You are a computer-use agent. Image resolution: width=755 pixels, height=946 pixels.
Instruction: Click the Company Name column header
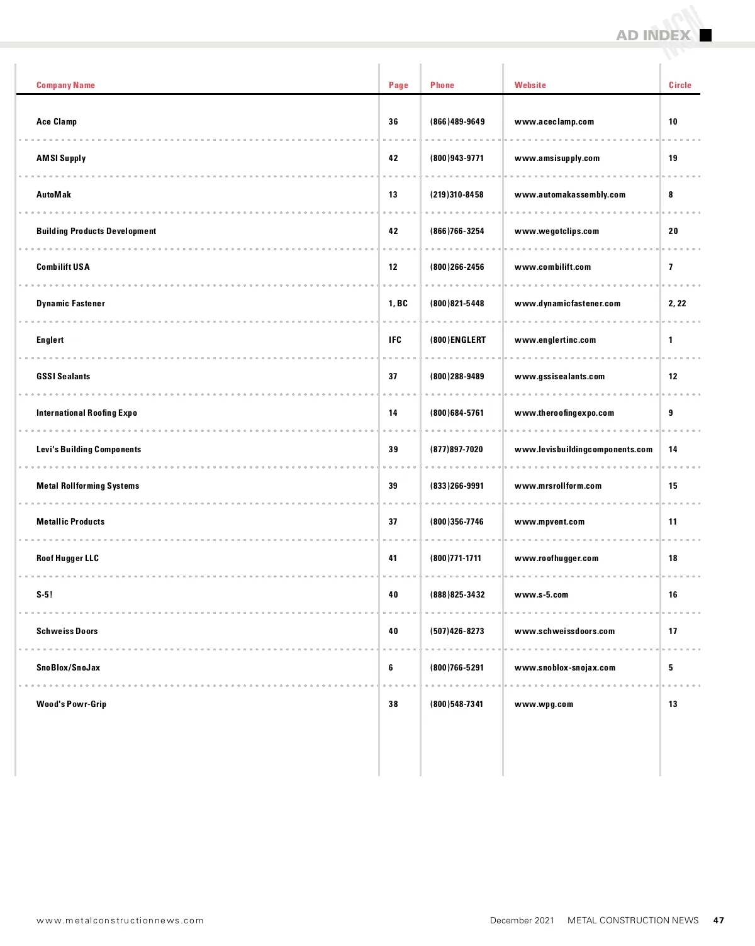(65, 85)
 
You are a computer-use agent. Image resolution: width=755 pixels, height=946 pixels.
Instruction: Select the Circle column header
(679, 85)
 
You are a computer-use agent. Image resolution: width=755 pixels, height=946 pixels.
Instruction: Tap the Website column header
(530, 85)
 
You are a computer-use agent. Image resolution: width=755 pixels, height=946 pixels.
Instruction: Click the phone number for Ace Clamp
(457, 121)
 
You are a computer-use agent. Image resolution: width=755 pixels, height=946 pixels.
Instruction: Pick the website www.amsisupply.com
(557, 158)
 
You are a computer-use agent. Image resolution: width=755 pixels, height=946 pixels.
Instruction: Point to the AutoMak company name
(53, 194)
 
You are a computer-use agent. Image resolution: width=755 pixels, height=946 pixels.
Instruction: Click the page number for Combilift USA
(393, 267)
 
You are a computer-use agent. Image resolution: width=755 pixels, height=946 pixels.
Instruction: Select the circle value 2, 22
(677, 303)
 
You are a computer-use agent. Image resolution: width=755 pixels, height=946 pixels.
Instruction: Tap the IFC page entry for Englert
(394, 340)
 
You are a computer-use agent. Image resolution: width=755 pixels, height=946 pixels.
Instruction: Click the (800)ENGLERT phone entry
(458, 340)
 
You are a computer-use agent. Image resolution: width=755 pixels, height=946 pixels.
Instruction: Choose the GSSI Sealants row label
(63, 376)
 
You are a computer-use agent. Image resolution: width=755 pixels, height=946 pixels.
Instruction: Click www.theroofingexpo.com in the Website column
(564, 413)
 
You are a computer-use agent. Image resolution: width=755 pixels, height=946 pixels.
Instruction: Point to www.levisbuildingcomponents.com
(583, 449)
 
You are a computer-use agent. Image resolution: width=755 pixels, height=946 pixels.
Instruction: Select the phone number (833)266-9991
(457, 486)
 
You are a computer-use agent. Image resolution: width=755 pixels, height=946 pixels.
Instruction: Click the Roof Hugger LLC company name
(67, 558)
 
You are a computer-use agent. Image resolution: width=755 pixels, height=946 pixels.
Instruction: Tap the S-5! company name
(44, 594)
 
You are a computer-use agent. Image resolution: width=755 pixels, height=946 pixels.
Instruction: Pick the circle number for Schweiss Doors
(673, 631)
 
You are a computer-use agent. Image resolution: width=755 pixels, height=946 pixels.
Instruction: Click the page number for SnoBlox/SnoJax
(391, 667)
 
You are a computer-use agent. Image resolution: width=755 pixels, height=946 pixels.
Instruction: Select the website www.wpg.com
(544, 704)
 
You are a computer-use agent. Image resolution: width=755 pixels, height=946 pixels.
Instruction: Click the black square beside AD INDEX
(705, 35)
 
